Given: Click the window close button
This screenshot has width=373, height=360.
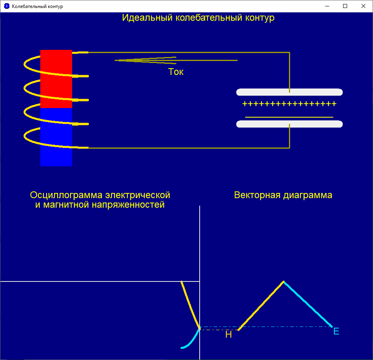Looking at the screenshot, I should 363,6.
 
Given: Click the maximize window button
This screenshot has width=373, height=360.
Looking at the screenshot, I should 345,6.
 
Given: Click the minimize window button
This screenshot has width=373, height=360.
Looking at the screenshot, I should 327,6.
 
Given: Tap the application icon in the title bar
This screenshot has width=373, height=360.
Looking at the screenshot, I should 6,6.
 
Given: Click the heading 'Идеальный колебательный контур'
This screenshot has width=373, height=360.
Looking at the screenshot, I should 198,18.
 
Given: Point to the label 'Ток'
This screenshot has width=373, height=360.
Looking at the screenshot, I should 176,72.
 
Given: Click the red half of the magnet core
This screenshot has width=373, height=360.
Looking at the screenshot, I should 56,79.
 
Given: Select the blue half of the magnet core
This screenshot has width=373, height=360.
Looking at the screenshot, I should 56,137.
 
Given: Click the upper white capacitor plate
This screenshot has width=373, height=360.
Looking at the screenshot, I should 289,92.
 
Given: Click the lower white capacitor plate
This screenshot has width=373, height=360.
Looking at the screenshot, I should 289,124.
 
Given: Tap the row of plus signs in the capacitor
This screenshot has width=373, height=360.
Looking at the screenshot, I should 289,104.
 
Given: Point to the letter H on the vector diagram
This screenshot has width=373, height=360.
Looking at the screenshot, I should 228,335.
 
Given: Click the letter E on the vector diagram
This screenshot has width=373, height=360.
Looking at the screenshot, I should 336,331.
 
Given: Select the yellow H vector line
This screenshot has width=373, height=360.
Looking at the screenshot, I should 261,306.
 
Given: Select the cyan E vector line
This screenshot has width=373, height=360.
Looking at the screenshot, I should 308,304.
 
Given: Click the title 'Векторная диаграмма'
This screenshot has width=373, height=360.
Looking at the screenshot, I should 283,195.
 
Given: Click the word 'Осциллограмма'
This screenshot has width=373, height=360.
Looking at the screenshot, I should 66,195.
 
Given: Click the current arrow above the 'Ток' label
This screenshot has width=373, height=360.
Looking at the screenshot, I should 175,60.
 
